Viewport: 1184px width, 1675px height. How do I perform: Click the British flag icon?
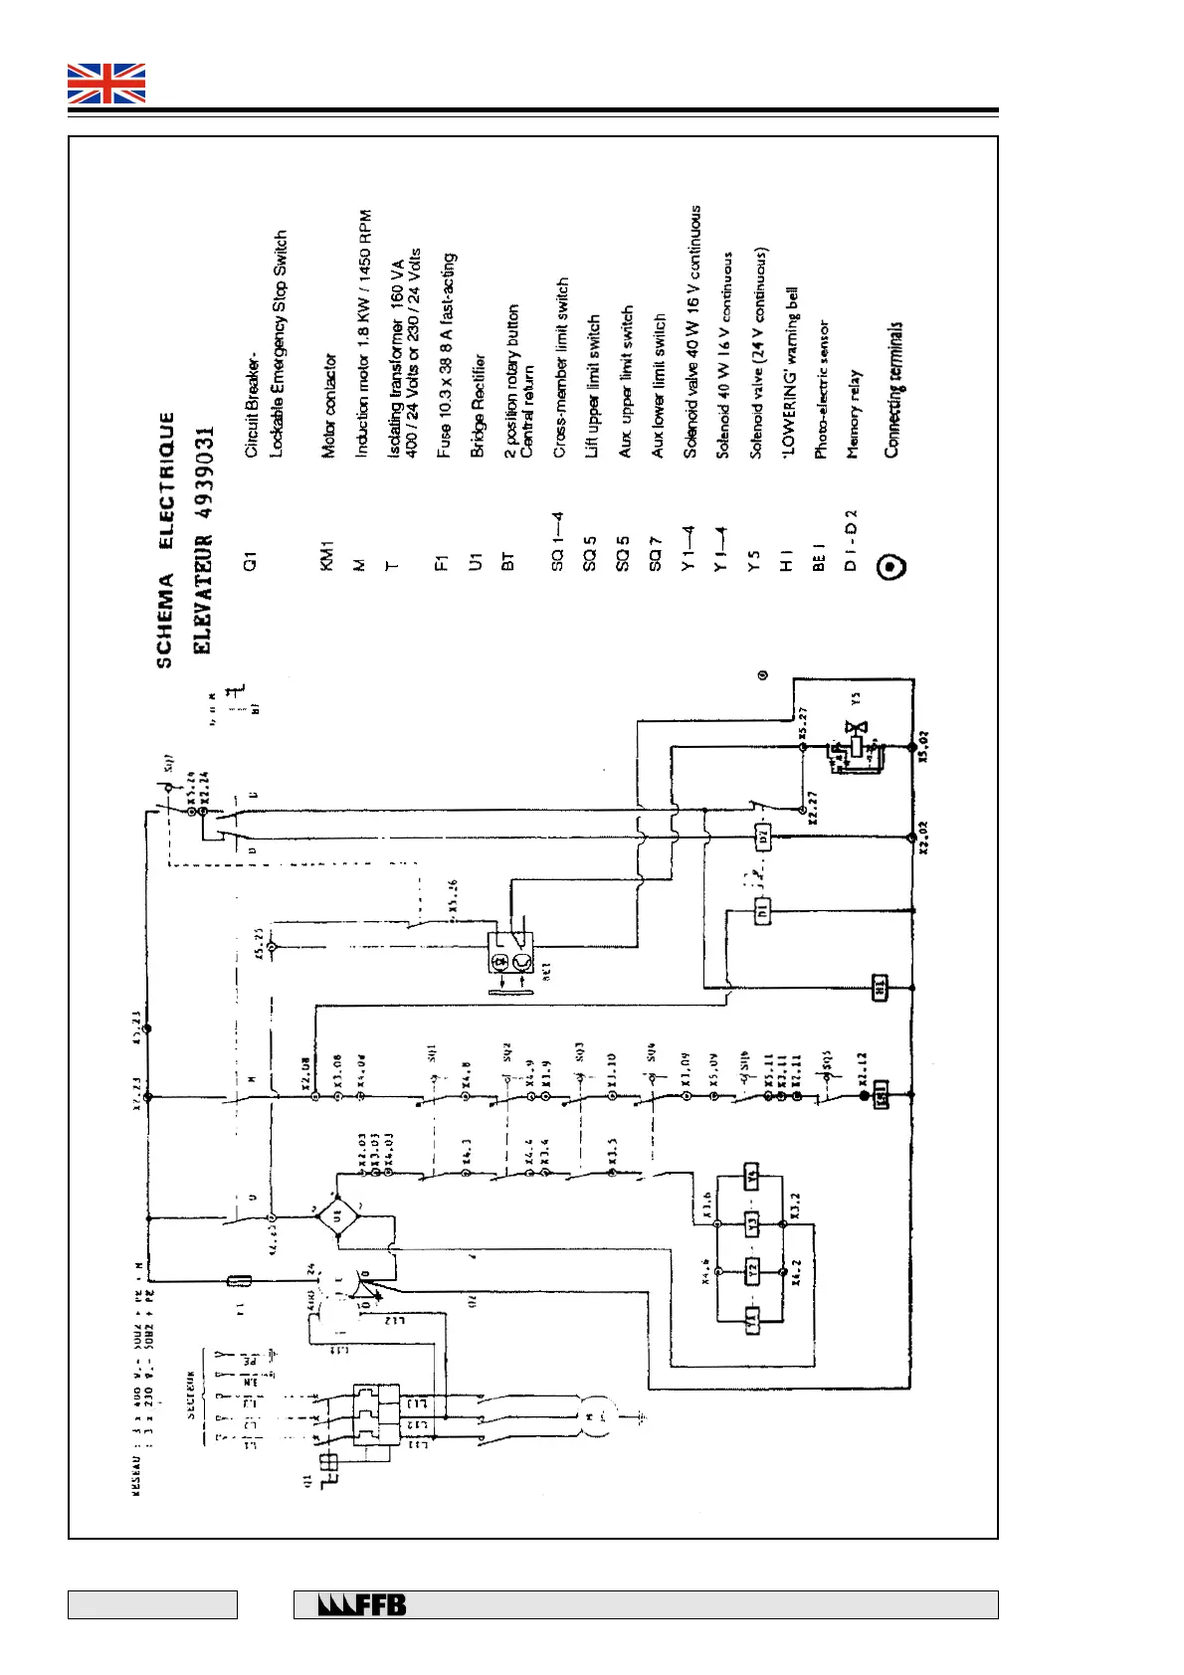(x=106, y=84)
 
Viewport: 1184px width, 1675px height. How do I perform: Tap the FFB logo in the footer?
(x=362, y=1604)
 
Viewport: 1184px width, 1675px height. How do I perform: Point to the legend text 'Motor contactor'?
(x=329, y=407)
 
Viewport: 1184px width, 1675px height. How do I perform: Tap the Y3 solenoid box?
(x=752, y=1222)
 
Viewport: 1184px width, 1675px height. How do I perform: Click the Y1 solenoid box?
(x=753, y=1321)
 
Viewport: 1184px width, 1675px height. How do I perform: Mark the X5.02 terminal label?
(x=924, y=746)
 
